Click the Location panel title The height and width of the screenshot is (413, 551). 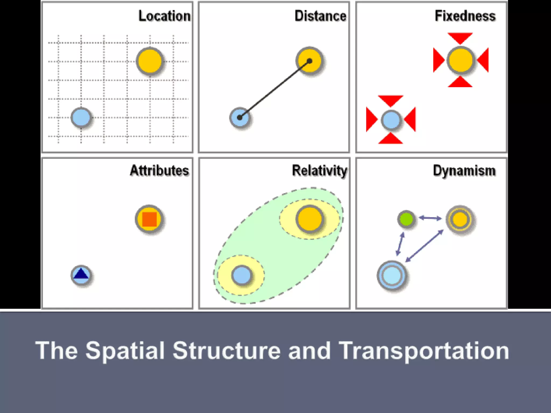coord(164,16)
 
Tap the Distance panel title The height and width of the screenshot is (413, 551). coord(320,16)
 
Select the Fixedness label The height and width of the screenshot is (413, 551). coord(465,16)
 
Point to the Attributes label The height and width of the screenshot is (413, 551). coord(159,170)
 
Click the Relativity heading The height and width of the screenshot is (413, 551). coord(320,170)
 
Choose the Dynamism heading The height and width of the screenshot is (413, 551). coord(464,170)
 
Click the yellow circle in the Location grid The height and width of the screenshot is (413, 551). coord(150,61)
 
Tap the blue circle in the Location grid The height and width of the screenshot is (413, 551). coord(81,118)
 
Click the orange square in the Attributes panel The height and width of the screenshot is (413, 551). coord(149,219)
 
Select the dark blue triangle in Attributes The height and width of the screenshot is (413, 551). coord(81,274)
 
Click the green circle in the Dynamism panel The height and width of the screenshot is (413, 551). coord(406,219)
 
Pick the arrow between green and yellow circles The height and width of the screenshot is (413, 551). coord(430,218)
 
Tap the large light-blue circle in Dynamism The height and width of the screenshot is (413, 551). coord(392,275)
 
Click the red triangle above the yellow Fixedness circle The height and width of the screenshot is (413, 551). coord(460,38)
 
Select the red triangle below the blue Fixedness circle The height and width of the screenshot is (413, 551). coord(391,139)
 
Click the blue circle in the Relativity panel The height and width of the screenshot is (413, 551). coord(242,275)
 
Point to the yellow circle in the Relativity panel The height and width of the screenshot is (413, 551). coord(310,219)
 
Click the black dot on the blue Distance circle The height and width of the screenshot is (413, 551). coord(239,118)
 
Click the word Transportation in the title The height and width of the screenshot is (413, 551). coord(423,351)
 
